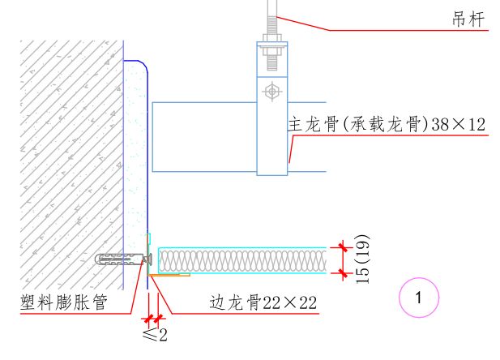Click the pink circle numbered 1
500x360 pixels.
click(x=418, y=298)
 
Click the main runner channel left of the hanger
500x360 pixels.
click(x=203, y=136)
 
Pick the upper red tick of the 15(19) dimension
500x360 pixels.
click(x=343, y=246)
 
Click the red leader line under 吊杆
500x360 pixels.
click(x=381, y=30)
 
